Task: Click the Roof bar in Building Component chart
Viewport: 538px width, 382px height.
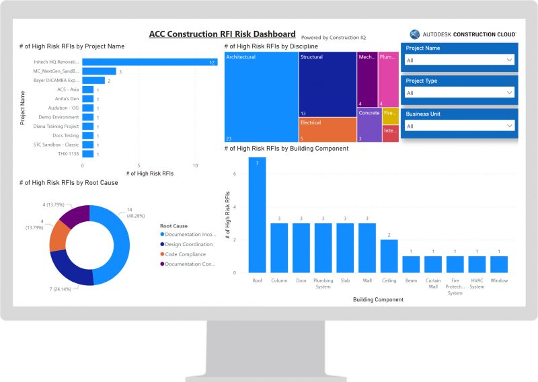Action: [x=257, y=215]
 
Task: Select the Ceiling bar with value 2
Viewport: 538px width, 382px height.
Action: [x=389, y=256]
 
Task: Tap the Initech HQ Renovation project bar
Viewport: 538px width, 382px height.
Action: [x=150, y=62]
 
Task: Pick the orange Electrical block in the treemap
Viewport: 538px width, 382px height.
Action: [x=328, y=129]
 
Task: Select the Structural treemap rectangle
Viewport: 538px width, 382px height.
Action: [x=328, y=84]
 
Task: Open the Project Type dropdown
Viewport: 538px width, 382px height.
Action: [x=459, y=93]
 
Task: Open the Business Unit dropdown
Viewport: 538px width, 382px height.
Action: [x=459, y=126]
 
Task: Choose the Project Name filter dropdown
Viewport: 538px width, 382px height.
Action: [x=459, y=60]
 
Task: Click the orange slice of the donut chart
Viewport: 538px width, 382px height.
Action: [x=61, y=235]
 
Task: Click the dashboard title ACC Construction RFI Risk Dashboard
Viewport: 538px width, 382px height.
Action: [x=222, y=34]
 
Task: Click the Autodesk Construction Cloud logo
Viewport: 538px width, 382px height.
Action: [x=463, y=34]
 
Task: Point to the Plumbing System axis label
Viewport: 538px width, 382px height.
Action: [x=323, y=283]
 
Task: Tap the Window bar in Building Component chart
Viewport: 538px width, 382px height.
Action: [x=499, y=264]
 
